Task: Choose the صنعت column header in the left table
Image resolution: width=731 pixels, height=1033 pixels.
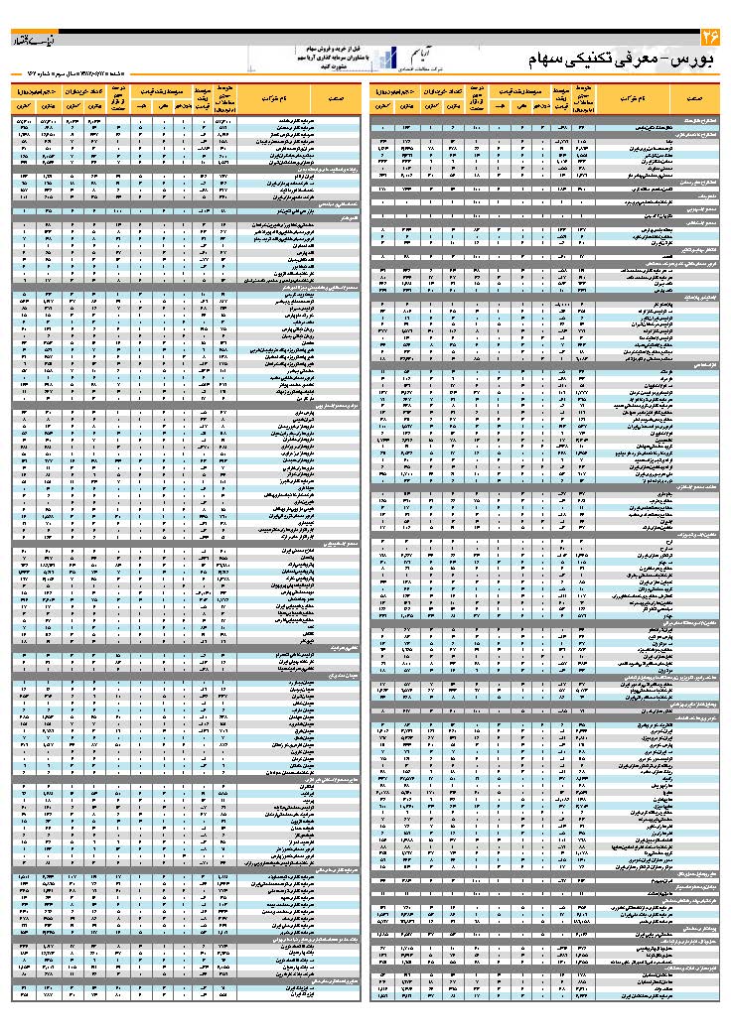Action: pos(328,100)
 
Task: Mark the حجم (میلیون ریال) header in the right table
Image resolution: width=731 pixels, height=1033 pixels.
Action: pos(395,90)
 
